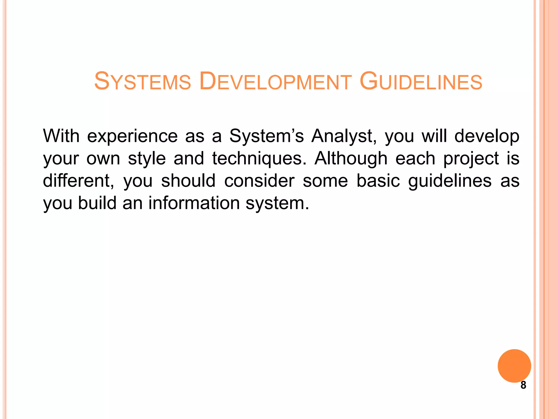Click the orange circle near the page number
pos(514,366)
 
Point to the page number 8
pos(523,385)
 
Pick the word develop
pos(487,136)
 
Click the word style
pos(147,159)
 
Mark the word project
pos(471,159)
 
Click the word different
pos(78,181)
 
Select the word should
pos(188,181)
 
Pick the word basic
pos(378,181)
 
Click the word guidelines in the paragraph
pos(450,181)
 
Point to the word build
pos(97,203)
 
